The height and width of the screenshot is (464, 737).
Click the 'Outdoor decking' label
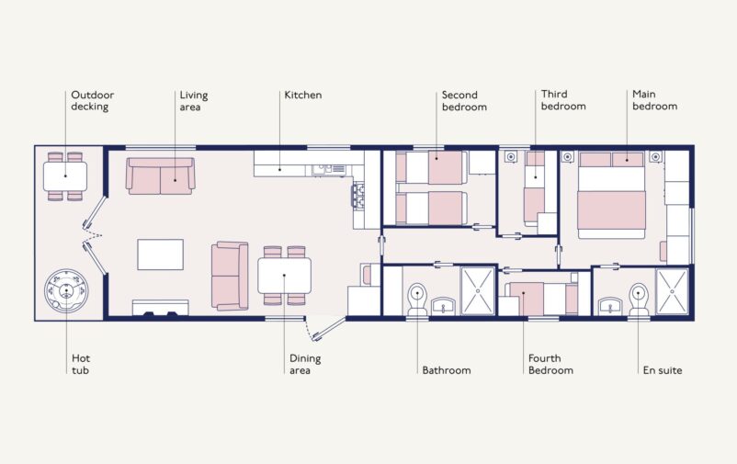click(x=92, y=100)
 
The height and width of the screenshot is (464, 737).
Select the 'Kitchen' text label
click(x=302, y=95)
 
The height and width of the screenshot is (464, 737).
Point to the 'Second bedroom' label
click(x=463, y=100)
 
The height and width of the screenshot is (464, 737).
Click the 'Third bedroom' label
click(x=562, y=100)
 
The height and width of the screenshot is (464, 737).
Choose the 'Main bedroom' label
click(x=654, y=100)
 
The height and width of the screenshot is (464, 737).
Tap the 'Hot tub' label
click(x=81, y=364)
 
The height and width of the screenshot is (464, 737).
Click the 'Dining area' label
click(x=306, y=364)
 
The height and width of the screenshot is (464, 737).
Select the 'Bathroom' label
click(x=446, y=370)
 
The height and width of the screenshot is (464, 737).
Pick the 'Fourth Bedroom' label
click(x=550, y=364)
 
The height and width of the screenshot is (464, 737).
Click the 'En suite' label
click(x=662, y=370)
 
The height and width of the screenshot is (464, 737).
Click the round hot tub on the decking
click(x=66, y=291)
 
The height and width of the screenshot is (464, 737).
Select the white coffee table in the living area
click(x=160, y=255)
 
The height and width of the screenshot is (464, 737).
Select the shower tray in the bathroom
click(x=477, y=291)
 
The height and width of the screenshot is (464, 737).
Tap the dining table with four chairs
click(x=284, y=275)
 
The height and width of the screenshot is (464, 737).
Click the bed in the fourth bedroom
click(x=540, y=299)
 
